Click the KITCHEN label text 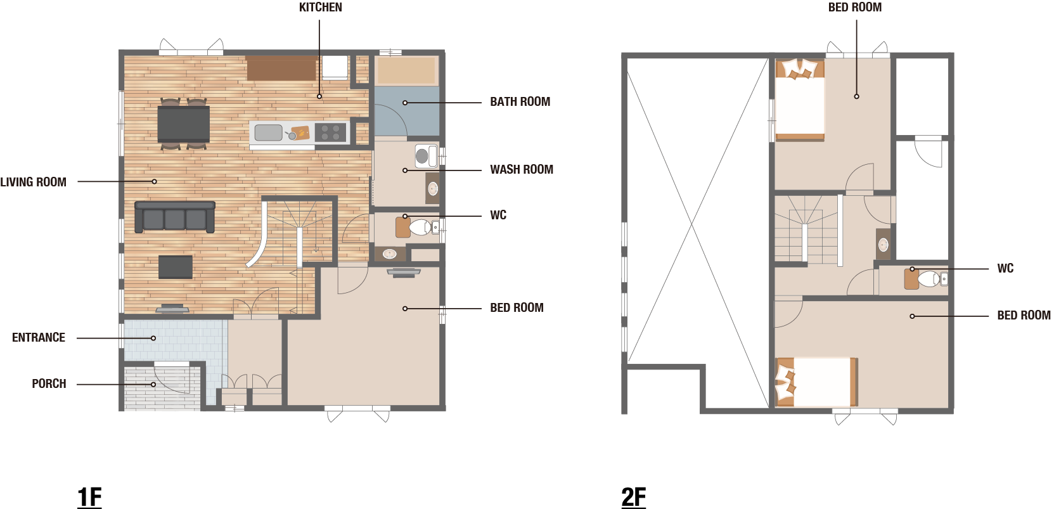321,8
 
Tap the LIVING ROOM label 34,182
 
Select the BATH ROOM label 520,101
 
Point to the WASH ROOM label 522,169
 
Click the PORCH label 49,384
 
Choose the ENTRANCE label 39,338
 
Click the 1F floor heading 89,497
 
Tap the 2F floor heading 633,497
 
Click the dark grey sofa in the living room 175,217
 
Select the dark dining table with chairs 184,124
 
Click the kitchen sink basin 268,132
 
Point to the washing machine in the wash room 427,156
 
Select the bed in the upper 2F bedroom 800,100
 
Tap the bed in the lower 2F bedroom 816,382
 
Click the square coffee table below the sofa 176,267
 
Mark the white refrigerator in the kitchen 335,67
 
